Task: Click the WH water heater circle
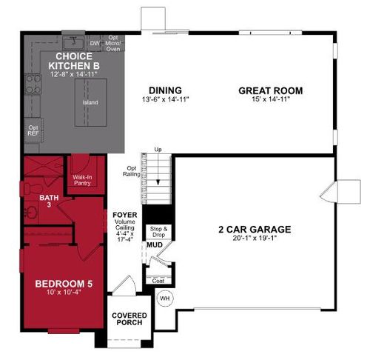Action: point(164,298)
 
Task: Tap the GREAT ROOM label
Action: point(260,91)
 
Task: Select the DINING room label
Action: point(160,91)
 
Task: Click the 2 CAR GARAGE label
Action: point(254,229)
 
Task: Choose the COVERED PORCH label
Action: point(129,319)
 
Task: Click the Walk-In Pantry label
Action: point(82,181)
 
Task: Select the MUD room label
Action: point(154,244)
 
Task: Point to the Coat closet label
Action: point(158,281)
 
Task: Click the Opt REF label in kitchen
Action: point(33,130)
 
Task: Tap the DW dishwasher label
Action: point(95,44)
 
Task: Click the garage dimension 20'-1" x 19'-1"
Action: point(254,239)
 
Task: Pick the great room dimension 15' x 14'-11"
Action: point(260,100)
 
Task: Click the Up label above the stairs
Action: point(157,150)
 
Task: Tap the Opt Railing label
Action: point(133,171)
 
